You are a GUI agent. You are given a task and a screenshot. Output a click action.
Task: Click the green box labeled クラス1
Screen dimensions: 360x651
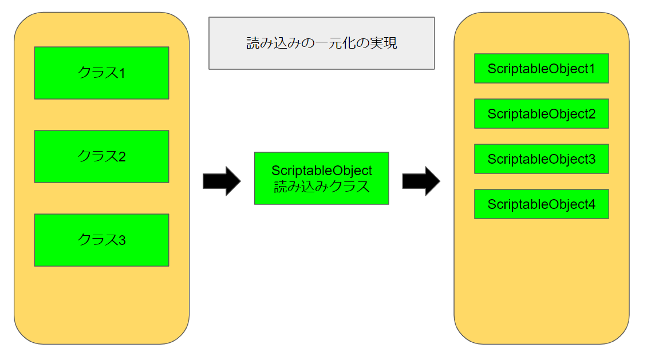click(101, 73)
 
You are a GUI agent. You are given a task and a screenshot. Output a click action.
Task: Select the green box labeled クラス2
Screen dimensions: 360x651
click(101, 156)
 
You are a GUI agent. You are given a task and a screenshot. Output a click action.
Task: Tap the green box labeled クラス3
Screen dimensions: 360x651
click(101, 240)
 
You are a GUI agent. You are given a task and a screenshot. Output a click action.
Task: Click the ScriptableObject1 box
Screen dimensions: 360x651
click(541, 69)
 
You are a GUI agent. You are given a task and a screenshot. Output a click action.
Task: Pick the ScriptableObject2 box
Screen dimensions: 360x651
click(541, 114)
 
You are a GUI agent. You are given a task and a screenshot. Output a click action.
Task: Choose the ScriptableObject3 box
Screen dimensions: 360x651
click(541, 159)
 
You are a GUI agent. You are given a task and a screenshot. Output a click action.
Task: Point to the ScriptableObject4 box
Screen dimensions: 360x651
click(541, 204)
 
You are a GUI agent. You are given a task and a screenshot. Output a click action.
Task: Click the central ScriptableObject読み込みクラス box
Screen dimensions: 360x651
click(321, 178)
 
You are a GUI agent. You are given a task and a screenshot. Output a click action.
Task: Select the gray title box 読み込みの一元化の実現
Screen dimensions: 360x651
click(321, 43)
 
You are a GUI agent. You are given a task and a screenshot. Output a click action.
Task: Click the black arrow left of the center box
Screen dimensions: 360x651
click(222, 181)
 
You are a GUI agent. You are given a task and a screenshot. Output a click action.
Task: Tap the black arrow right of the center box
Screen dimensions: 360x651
click(421, 181)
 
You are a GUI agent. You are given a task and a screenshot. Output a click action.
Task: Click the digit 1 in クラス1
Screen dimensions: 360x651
click(122, 73)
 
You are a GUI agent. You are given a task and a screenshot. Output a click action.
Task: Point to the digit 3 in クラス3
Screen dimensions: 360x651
click(122, 240)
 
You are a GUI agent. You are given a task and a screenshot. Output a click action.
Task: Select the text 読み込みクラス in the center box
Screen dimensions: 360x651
click(321, 187)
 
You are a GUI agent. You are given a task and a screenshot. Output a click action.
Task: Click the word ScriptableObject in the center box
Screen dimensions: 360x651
click(321, 171)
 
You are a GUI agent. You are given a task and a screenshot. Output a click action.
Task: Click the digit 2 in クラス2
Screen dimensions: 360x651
click(122, 157)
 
